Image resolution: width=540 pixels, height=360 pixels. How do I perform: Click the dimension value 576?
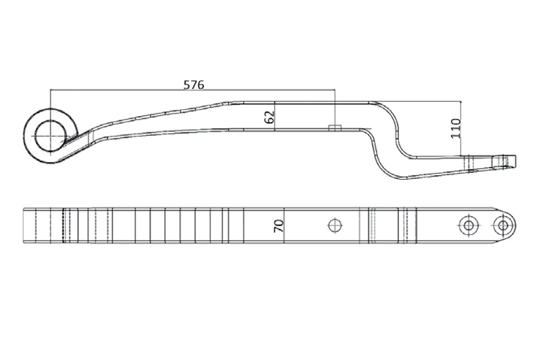[194, 84]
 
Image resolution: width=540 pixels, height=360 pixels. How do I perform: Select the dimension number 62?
[269, 116]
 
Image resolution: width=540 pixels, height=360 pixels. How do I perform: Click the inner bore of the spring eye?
[49, 132]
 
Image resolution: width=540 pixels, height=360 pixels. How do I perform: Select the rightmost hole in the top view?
[502, 225]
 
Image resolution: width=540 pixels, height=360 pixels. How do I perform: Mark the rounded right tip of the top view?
[516, 225]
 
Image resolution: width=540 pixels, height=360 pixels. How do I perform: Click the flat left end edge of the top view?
[22, 225]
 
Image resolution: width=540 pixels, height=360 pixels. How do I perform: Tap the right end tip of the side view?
[514, 160]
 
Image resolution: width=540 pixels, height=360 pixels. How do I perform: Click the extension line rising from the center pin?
[335, 108]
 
